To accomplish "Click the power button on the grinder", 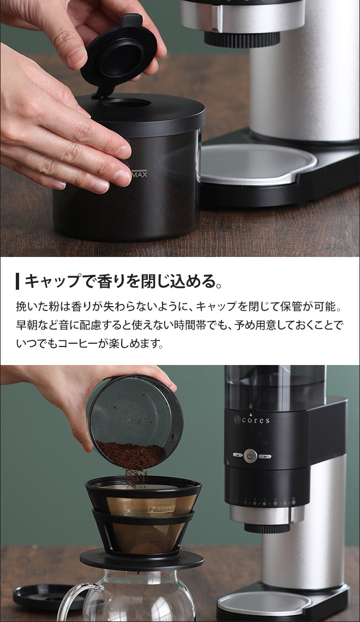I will click(250, 456).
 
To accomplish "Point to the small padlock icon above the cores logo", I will click(250, 406).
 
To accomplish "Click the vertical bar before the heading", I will click(18, 282).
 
